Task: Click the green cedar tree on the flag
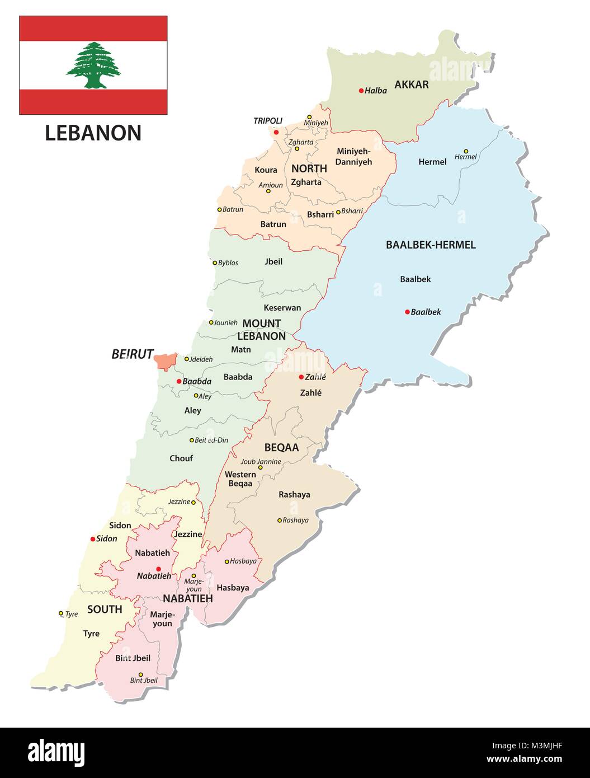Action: tap(93, 65)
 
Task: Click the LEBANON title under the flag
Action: tap(93, 133)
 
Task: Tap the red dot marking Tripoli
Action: tap(276, 132)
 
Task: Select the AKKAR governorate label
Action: tap(412, 85)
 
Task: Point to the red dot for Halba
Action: tap(361, 91)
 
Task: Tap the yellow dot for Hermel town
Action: tap(466, 151)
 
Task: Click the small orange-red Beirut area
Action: tap(166, 361)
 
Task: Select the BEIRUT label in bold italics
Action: tap(132, 354)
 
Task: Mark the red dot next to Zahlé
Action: tap(301, 377)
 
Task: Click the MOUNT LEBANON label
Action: tap(262, 330)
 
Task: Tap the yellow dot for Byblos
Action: tap(215, 263)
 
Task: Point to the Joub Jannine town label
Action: tap(261, 462)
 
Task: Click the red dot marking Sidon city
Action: tap(93, 539)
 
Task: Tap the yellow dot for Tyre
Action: tap(61, 613)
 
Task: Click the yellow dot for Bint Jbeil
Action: tap(140, 674)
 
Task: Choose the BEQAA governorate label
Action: tap(281, 447)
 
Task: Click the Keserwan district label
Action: tap(282, 307)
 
